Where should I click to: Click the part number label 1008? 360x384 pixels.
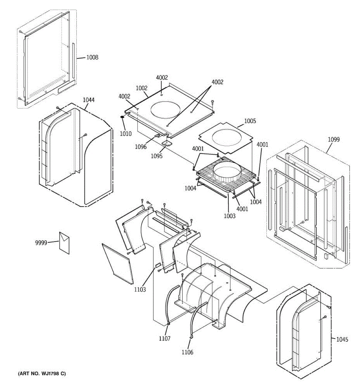pyautogui.click(x=92, y=58)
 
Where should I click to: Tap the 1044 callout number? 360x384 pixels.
pyautogui.click(x=89, y=100)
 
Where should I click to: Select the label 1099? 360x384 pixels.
pyautogui.click(x=334, y=140)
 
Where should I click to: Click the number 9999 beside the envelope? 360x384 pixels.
pyautogui.click(x=41, y=243)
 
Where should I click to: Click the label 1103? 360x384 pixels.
pyautogui.click(x=140, y=290)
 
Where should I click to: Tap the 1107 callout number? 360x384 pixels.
pyautogui.click(x=164, y=339)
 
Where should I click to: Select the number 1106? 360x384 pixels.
pyautogui.click(x=187, y=353)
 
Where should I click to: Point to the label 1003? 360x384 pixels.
pyautogui.click(x=229, y=216)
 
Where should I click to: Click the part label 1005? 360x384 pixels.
pyautogui.click(x=250, y=121)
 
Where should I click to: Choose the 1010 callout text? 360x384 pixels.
pyautogui.click(x=125, y=134)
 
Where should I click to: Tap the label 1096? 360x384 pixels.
pyautogui.click(x=140, y=147)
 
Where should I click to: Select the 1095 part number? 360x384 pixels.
pyautogui.click(x=156, y=156)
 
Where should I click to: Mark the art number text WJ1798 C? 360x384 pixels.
pyautogui.click(x=42, y=373)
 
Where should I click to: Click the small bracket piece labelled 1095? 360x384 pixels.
pyautogui.click(x=167, y=143)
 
